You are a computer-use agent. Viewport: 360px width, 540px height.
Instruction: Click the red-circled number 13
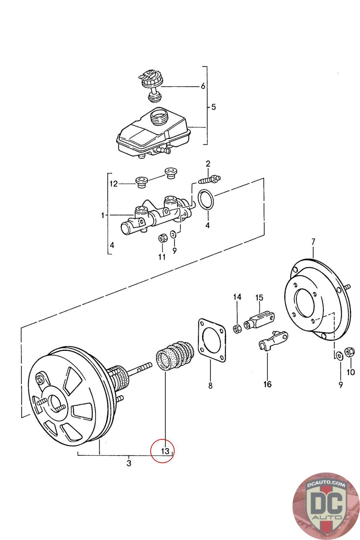[165, 451]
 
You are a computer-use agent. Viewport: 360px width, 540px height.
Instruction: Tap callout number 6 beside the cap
[203, 86]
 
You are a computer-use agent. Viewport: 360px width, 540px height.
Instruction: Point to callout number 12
[113, 184]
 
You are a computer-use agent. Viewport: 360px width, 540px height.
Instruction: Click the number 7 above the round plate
[313, 242]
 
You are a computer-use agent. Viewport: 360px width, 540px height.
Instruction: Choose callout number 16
[268, 384]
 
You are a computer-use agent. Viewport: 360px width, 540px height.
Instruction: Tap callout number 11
[162, 257]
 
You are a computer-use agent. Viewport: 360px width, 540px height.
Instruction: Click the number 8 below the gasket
[210, 385]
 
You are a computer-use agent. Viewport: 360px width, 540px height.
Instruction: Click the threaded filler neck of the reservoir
[159, 117]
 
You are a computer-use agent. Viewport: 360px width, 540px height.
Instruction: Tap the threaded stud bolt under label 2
[210, 180]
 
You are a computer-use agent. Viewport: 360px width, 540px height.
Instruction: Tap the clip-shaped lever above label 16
[273, 340]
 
